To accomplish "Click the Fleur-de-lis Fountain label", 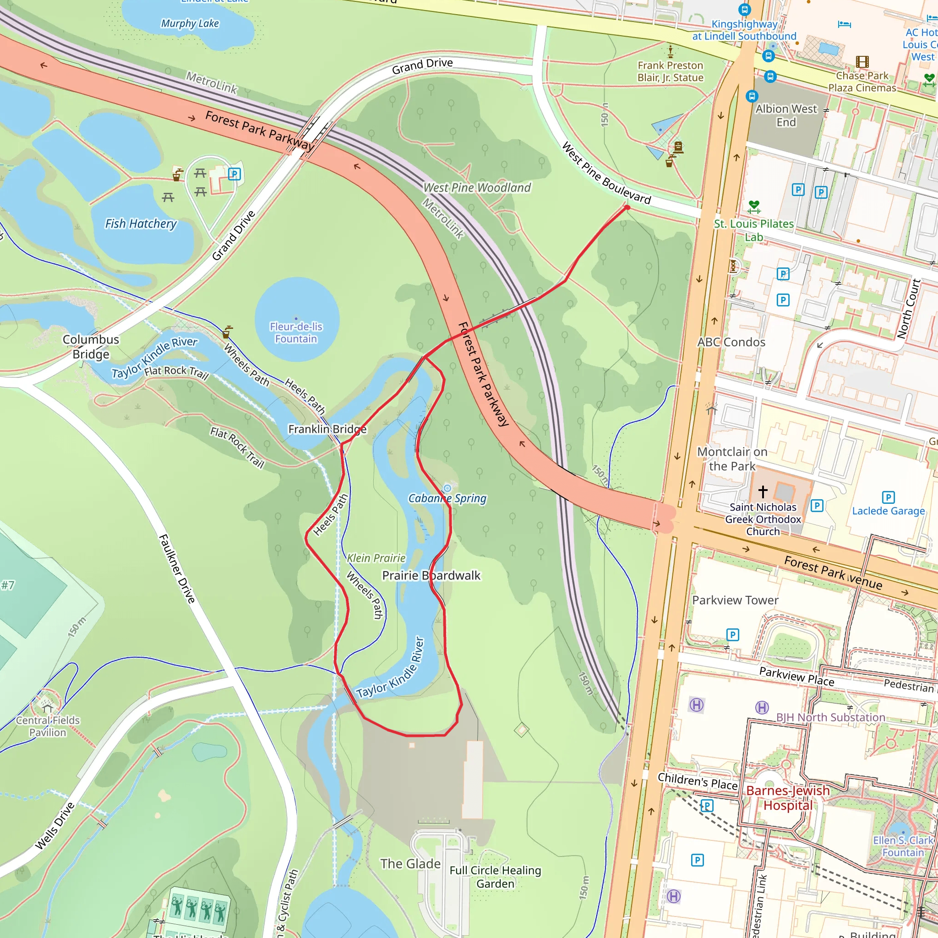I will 296,333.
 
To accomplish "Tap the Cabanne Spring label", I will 447,498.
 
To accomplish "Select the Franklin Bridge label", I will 327,429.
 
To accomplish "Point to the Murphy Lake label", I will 190,23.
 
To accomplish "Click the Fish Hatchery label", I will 141,224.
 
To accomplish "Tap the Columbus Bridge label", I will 91,347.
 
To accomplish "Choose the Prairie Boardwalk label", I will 431,575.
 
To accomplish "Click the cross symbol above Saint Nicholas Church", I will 763,491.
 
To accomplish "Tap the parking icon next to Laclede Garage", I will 888,497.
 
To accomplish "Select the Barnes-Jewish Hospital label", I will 787,798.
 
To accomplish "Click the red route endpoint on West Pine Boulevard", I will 627,207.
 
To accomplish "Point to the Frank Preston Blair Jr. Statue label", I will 670,71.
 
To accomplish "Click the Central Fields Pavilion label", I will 48,726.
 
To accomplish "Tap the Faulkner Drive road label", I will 177,568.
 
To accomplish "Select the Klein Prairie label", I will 376,558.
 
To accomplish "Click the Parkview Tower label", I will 735,600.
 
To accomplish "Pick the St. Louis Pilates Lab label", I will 753,230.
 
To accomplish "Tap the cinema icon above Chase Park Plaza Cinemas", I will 862,62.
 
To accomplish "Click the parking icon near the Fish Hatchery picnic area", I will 234,174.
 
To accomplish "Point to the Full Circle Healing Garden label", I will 495,877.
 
